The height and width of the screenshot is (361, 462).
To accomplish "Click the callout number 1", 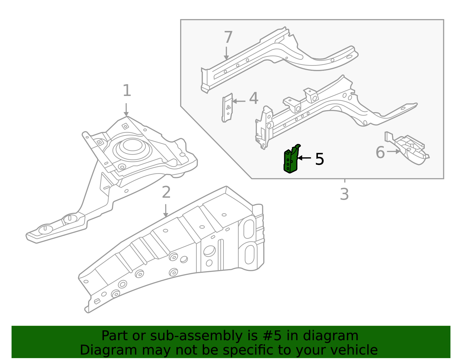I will [127, 91].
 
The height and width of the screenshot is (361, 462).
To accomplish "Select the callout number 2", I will [166, 192].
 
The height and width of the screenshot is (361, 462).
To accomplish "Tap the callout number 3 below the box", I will [344, 194].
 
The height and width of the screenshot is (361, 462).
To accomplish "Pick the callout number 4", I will [254, 99].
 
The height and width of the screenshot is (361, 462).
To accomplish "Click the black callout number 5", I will [319, 159].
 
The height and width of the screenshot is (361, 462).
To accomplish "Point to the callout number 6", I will [380, 153].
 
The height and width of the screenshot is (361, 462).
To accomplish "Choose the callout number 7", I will [228, 38].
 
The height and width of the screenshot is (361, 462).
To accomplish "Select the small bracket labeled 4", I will [228, 108].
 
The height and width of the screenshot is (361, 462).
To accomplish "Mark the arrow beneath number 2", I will [165, 211].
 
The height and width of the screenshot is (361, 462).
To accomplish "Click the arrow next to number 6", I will [393, 151].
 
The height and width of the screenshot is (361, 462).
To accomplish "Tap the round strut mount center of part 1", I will [133, 145].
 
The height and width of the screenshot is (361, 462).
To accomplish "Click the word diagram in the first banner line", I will [331, 336].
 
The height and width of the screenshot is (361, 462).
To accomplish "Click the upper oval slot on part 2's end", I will [249, 229].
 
